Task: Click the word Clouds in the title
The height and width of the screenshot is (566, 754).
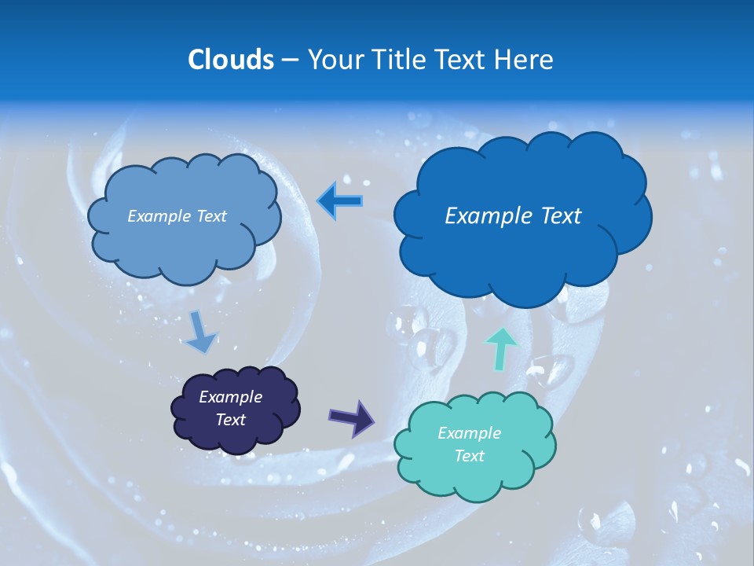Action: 230,60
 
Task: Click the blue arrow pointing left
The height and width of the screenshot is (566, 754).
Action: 340,201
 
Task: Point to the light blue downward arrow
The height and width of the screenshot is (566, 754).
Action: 200,331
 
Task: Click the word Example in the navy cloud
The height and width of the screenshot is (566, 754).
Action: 230,397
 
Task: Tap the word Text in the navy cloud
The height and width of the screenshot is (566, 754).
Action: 230,420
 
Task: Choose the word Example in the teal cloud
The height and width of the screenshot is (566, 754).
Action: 469,433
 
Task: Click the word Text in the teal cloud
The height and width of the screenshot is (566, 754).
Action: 469,456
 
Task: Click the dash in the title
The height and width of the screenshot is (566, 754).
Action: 289,61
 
